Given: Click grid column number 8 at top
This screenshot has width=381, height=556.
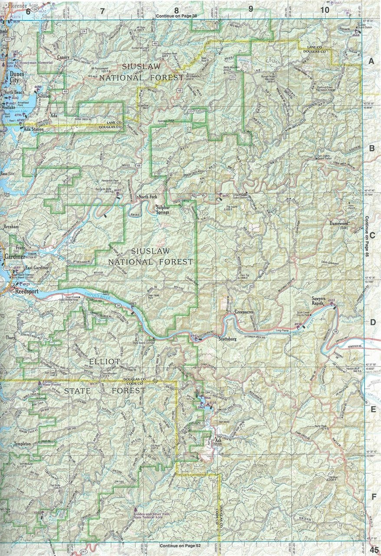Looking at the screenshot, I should click(177, 10).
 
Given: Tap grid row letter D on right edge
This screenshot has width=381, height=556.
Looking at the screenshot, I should click(371, 322).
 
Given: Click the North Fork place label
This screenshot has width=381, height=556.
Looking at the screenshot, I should click(148, 197).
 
